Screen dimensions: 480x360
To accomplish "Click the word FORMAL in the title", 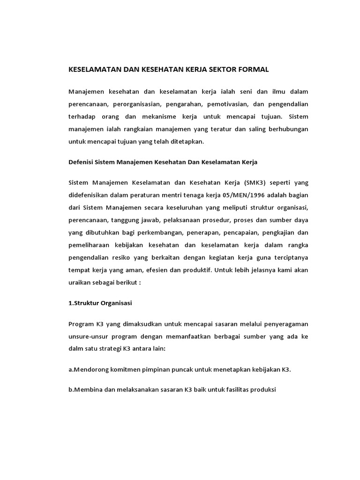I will pos(253,69).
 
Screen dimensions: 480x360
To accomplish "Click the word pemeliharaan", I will pos(90,245).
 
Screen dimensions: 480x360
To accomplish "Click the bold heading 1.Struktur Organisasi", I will pos(100,303).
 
